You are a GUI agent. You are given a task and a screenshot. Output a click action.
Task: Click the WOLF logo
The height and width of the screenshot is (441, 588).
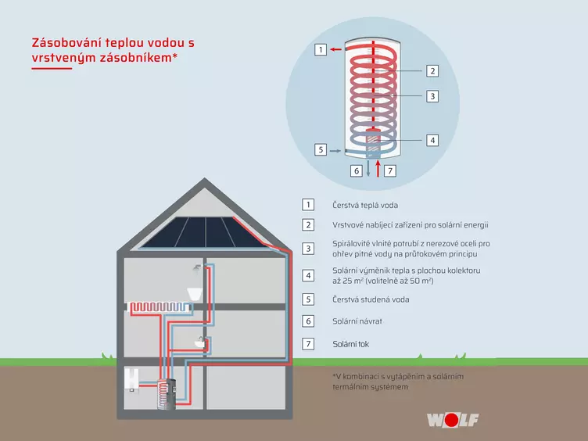(453, 420)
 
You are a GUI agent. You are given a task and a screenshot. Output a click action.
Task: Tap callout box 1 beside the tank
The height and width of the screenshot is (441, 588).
(321, 49)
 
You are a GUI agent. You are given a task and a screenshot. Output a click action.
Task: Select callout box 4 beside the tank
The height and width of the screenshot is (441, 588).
(432, 140)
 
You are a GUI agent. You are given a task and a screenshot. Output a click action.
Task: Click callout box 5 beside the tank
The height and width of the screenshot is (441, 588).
(321, 150)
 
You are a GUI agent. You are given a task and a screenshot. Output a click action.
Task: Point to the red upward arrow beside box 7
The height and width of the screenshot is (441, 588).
(378, 168)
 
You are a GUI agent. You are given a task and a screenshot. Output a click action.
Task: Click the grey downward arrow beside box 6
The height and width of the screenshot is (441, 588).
(368, 168)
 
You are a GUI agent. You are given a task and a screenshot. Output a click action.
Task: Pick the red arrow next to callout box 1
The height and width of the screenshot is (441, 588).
(335, 49)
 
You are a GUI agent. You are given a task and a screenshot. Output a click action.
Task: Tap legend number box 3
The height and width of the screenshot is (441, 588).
(308, 249)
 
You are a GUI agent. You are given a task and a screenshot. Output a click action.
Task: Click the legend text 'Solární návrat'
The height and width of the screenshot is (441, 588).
(357, 321)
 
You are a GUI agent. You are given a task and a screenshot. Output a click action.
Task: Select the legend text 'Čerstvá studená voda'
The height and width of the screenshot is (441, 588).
(371, 299)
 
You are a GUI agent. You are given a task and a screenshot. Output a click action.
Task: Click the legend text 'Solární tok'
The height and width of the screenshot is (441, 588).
(351, 344)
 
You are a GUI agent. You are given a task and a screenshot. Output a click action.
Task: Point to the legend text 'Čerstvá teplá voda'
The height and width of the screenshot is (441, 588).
(365, 205)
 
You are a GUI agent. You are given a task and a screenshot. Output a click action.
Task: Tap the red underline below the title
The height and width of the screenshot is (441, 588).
(52, 69)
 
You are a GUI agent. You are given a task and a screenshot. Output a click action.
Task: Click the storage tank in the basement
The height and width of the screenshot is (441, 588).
(166, 394)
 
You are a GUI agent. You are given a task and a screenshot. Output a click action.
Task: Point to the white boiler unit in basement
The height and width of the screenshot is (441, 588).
(131, 379)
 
